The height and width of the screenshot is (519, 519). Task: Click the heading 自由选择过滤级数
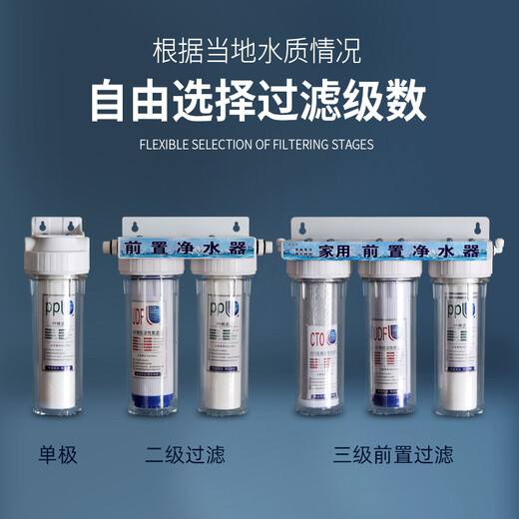coord(259,101)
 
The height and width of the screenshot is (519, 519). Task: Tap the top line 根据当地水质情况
coord(259,48)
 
